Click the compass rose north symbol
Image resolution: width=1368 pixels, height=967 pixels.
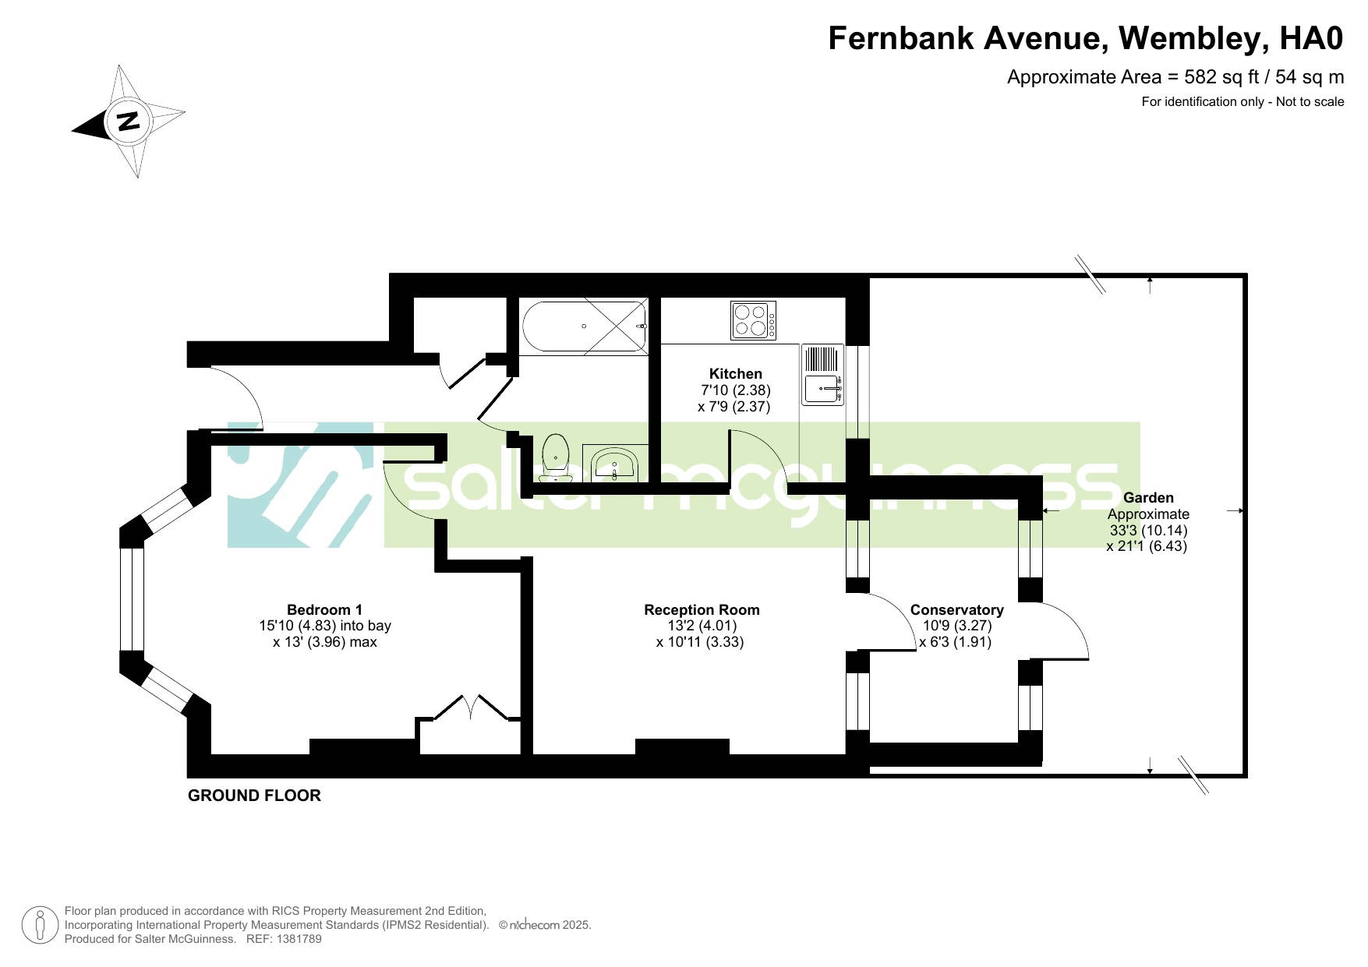(129, 122)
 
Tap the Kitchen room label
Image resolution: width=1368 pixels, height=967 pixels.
(735, 374)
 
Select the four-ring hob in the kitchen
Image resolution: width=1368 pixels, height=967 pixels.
(754, 320)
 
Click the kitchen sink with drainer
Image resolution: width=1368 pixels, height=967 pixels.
(823, 375)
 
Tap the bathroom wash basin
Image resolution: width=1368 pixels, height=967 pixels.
(615, 465)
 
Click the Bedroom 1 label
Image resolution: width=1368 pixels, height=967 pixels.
(324, 610)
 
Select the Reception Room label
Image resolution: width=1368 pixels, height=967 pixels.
(702, 610)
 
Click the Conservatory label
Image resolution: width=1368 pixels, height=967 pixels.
(956, 610)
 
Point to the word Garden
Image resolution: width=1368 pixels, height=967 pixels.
(1148, 498)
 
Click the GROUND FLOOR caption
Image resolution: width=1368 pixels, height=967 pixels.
(254, 796)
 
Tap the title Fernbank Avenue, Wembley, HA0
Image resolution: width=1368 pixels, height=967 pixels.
(1086, 38)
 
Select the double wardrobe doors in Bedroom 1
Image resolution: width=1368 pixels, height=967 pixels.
(471, 708)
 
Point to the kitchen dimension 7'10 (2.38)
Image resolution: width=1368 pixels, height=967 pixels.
(736, 390)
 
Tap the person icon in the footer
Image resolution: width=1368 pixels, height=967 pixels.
(40, 926)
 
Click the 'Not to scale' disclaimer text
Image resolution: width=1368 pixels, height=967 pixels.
(1310, 101)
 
